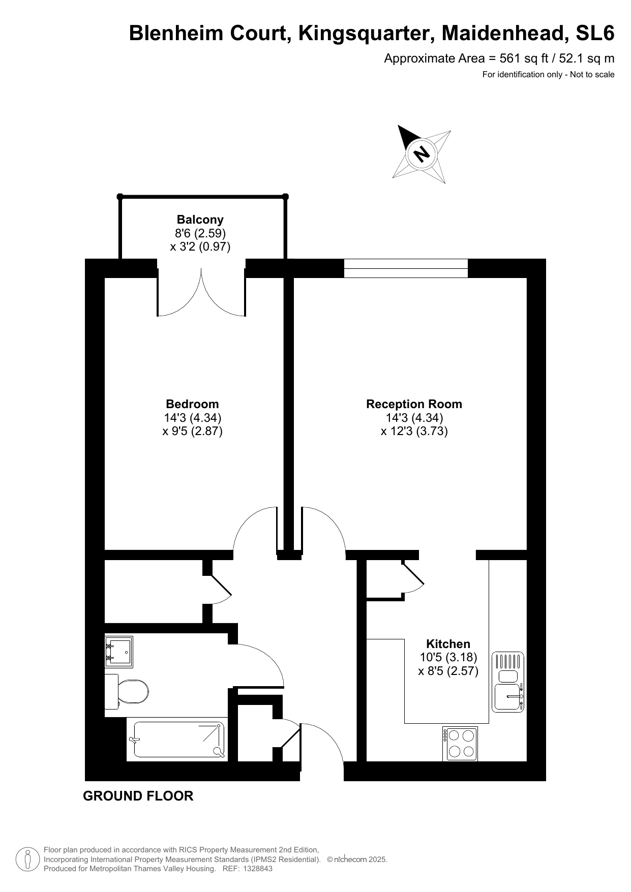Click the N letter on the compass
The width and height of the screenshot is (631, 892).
422,153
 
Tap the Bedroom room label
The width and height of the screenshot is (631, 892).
192,404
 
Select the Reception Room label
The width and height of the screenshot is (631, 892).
414,404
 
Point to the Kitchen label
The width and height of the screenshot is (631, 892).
448,644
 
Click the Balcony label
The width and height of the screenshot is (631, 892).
200,220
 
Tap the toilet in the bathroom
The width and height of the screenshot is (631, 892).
127,691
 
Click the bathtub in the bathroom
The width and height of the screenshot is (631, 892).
176,740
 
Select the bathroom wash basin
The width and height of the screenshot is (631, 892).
118,652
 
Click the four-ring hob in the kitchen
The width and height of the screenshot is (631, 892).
460,744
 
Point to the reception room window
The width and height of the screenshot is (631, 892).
406,268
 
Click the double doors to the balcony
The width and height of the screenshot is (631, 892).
201,292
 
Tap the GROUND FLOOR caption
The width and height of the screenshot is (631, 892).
138,796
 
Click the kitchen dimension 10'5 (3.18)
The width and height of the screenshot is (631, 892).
448,657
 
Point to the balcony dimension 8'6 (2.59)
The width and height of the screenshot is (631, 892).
200,233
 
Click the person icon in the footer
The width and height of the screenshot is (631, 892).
28,859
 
